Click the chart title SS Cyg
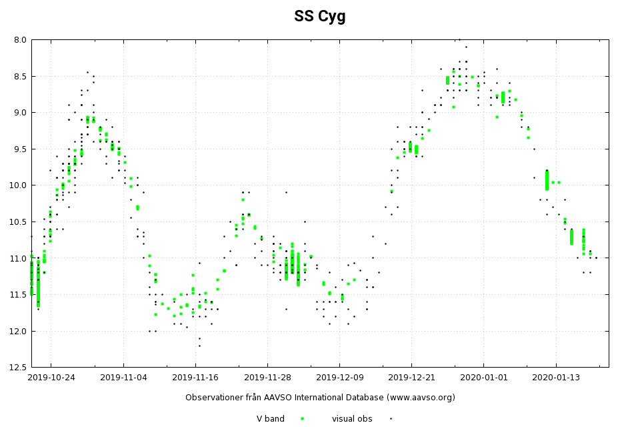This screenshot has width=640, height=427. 320,17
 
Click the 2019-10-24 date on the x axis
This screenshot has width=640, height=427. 51,378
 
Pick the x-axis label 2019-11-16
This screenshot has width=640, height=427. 195,378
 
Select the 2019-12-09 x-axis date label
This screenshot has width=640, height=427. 339,378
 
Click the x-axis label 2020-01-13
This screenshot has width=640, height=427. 556,378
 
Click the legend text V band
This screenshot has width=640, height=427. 271,419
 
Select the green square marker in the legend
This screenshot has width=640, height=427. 302,419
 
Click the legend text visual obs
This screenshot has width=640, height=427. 352,419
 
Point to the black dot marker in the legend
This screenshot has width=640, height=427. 391,419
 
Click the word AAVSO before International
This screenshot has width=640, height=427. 284,398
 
